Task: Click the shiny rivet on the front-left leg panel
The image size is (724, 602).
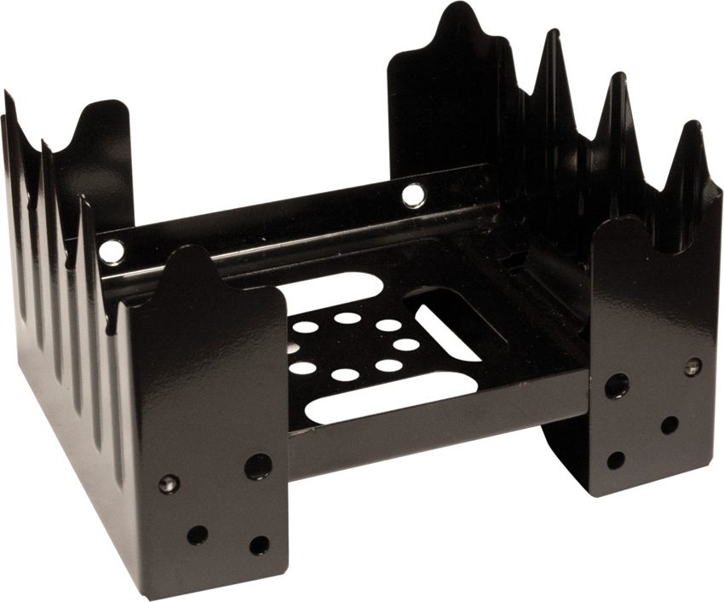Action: click(x=170, y=483)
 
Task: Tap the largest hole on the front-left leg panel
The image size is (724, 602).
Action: click(x=258, y=466)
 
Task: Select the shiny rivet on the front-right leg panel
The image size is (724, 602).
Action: click(x=692, y=368)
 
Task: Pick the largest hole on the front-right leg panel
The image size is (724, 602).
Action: click(x=616, y=386)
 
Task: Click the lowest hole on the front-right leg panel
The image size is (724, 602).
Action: click(x=615, y=460)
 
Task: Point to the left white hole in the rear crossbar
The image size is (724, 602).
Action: click(x=111, y=252)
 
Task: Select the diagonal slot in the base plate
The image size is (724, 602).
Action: click(x=446, y=333)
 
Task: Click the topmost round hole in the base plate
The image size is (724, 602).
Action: click(x=347, y=318)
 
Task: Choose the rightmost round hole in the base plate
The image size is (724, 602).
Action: click(x=407, y=344)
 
